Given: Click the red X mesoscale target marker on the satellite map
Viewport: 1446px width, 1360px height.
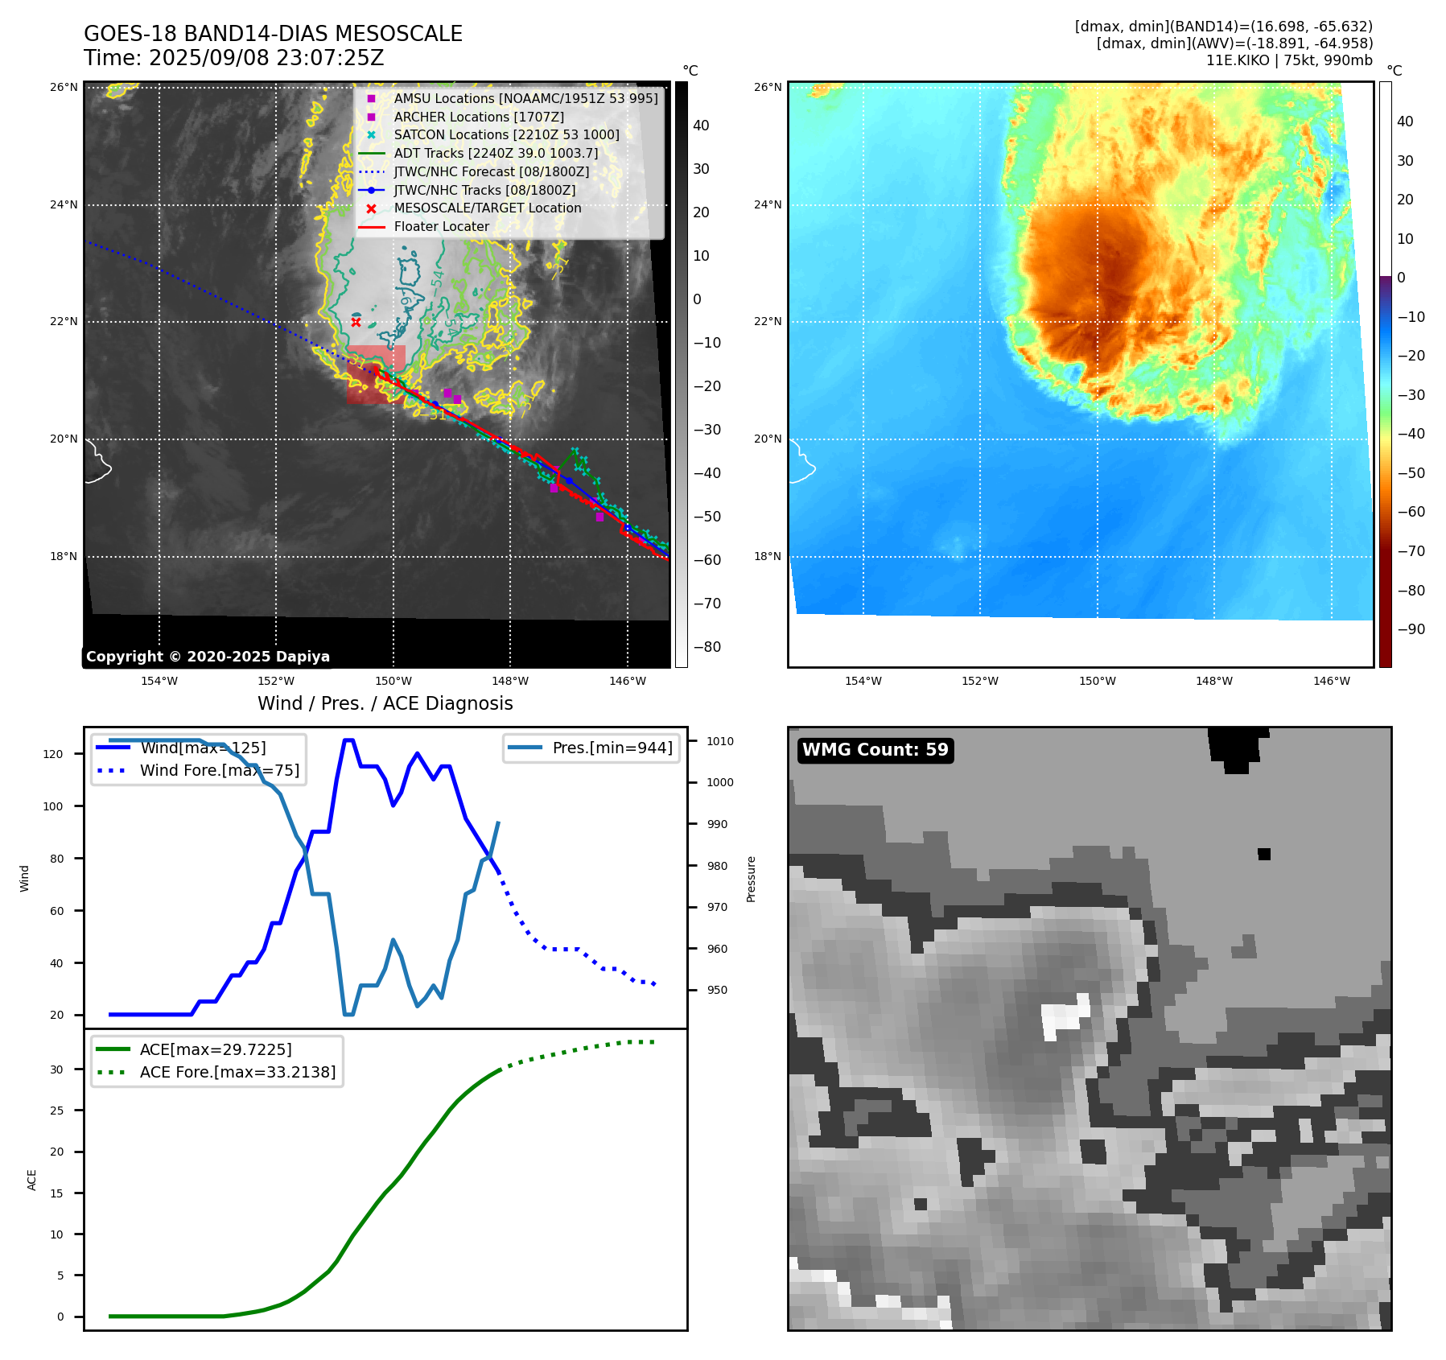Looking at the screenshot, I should pyautogui.click(x=356, y=322).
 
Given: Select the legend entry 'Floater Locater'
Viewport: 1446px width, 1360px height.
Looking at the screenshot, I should pyautogui.click(x=441, y=227).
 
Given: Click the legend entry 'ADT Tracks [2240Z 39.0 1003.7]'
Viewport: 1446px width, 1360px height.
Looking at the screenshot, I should pyautogui.click(x=496, y=153).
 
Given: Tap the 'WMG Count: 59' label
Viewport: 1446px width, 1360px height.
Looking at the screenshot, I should pyautogui.click(x=875, y=750).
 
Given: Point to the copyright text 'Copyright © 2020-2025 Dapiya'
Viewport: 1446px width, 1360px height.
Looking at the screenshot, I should pyautogui.click(x=208, y=657).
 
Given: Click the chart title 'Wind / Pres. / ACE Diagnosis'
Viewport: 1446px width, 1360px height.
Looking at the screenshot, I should pyautogui.click(x=385, y=703).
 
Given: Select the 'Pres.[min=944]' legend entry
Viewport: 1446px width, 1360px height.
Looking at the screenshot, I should pyautogui.click(x=612, y=748).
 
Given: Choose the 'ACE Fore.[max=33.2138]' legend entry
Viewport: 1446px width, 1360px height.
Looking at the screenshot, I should pyautogui.click(x=237, y=1072).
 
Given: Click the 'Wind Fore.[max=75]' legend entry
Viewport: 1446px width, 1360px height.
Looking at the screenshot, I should pyautogui.click(x=219, y=770).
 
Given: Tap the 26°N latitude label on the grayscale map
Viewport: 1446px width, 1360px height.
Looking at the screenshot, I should pyautogui.click(x=64, y=87).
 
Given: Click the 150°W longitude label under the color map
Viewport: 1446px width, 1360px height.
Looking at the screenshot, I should pyautogui.click(x=1097, y=681).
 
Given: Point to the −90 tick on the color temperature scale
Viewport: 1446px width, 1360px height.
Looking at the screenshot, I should pyautogui.click(x=1411, y=629).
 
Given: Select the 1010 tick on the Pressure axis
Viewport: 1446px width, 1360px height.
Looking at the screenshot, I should pyautogui.click(x=720, y=741).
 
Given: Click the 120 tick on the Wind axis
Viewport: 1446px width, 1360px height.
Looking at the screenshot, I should pyautogui.click(x=53, y=754).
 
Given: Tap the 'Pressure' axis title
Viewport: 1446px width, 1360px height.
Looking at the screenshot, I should pyautogui.click(x=751, y=879).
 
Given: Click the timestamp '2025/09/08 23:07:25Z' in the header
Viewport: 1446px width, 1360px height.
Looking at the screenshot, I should pyautogui.click(x=266, y=59).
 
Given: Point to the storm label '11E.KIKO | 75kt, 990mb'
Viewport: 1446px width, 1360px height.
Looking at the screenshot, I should pyautogui.click(x=1289, y=60).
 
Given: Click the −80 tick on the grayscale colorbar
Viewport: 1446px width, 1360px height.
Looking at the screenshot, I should pyautogui.click(x=707, y=647).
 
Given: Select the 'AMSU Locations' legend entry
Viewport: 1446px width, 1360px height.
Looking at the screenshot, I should pyautogui.click(x=525, y=98).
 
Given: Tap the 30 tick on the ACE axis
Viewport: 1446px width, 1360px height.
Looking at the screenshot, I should pyautogui.click(x=56, y=1069).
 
